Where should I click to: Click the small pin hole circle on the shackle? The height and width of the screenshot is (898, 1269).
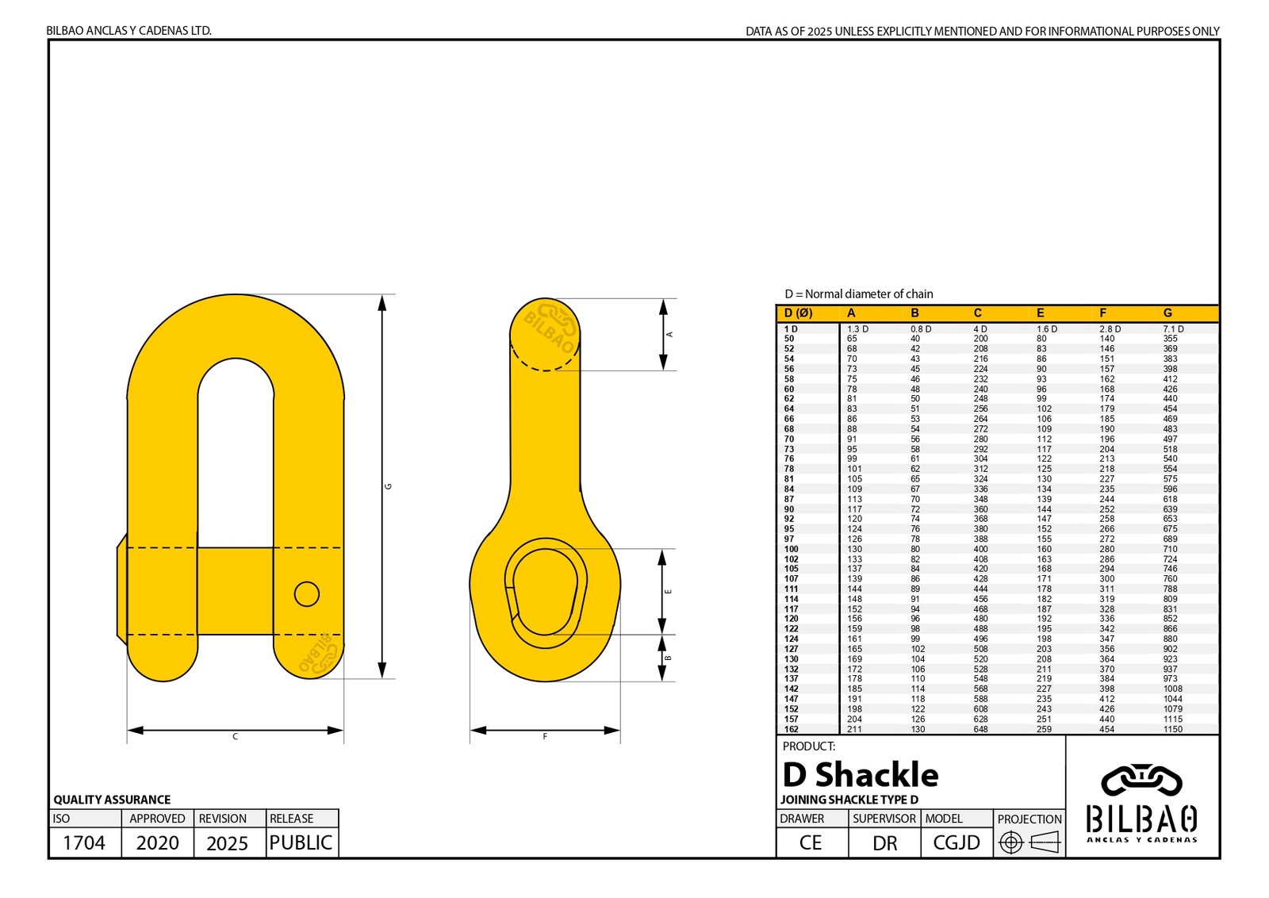pyautogui.click(x=307, y=593)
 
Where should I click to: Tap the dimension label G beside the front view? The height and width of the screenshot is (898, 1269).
pyautogui.click(x=389, y=486)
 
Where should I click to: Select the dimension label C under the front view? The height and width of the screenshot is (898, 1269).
pyautogui.click(x=236, y=737)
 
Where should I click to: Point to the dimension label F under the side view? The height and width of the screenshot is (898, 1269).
pyautogui.click(x=545, y=737)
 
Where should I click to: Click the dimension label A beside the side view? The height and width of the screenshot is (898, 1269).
pyautogui.click(x=669, y=335)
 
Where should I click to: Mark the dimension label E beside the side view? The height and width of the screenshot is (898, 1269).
pyautogui.click(x=669, y=592)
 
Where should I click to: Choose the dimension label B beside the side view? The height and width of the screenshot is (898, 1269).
pyautogui.click(x=669, y=658)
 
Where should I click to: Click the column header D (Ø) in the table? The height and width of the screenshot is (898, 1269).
pyautogui.click(x=798, y=313)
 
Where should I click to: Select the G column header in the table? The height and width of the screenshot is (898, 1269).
pyautogui.click(x=1167, y=313)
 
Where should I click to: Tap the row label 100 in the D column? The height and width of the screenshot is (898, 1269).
pyautogui.click(x=791, y=549)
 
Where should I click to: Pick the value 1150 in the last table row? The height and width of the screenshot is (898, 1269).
pyautogui.click(x=1172, y=729)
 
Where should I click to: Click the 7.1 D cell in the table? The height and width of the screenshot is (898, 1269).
pyautogui.click(x=1173, y=328)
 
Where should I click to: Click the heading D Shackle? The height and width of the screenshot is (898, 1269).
pyautogui.click(x=861, y=774)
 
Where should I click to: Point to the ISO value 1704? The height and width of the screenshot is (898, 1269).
pyautogui.click(x=84, y=842)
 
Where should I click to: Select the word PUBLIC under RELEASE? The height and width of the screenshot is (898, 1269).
pyautogui.click(x=301, y=842)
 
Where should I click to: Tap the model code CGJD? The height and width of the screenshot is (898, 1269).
pyautogui.click(x=957, y=842)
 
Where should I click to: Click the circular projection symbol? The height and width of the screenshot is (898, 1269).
pyautogui.click(x=1010, y=842)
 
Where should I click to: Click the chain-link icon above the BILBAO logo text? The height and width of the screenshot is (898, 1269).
pyautogui.click(x=1141, y=781)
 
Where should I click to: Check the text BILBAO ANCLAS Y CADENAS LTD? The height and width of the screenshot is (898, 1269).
pyautogui.click(x=128, y=31)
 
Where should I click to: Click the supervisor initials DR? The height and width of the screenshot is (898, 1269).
pyautogui.click(x=884, y=842)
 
